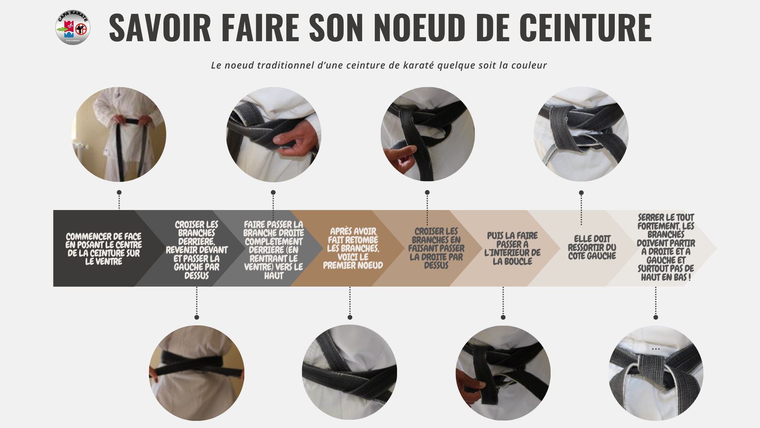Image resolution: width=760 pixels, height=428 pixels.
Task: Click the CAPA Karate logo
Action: click(x=73, y=27)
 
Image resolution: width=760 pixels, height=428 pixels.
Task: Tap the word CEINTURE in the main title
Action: click(x=585, y=27)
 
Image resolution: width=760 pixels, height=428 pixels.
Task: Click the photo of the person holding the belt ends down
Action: click(x=119, y=134)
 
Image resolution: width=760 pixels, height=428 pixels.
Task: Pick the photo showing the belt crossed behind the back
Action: click(x=197, y=373)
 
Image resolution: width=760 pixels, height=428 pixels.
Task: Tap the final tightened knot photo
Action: click(x=656, y=373)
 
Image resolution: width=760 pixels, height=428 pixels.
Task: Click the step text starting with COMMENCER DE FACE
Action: click(x=104, y=249)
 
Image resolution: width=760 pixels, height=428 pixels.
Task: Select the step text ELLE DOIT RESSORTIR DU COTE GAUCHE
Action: click(x=592, y=247)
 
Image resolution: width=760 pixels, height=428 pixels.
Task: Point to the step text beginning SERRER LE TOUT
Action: click(x=666, y=247)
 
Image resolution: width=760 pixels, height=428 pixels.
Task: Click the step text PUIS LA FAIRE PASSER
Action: click(x=513, y=248)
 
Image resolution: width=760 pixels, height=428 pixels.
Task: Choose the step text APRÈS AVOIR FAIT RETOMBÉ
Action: click(x=353, y=248)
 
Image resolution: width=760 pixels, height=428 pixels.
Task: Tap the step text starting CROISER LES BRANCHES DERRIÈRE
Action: click(x=197, y=250)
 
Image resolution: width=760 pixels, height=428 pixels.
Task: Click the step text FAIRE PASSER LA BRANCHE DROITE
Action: click(x=274, y=250)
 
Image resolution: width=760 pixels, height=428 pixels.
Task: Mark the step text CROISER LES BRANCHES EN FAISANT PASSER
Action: click(x=436, y=248)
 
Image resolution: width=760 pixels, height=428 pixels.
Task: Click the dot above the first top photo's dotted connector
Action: click(x=119, y=192)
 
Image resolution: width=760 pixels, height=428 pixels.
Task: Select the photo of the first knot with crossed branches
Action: click(x=350, y=372)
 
